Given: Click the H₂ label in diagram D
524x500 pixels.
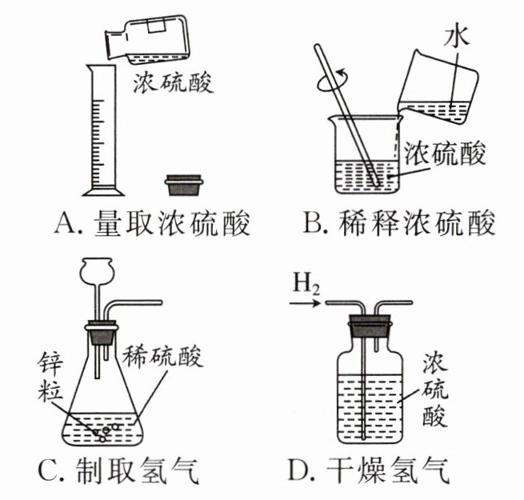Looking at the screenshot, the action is point(307,282).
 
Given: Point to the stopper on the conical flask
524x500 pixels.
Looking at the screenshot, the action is point(102,332).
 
